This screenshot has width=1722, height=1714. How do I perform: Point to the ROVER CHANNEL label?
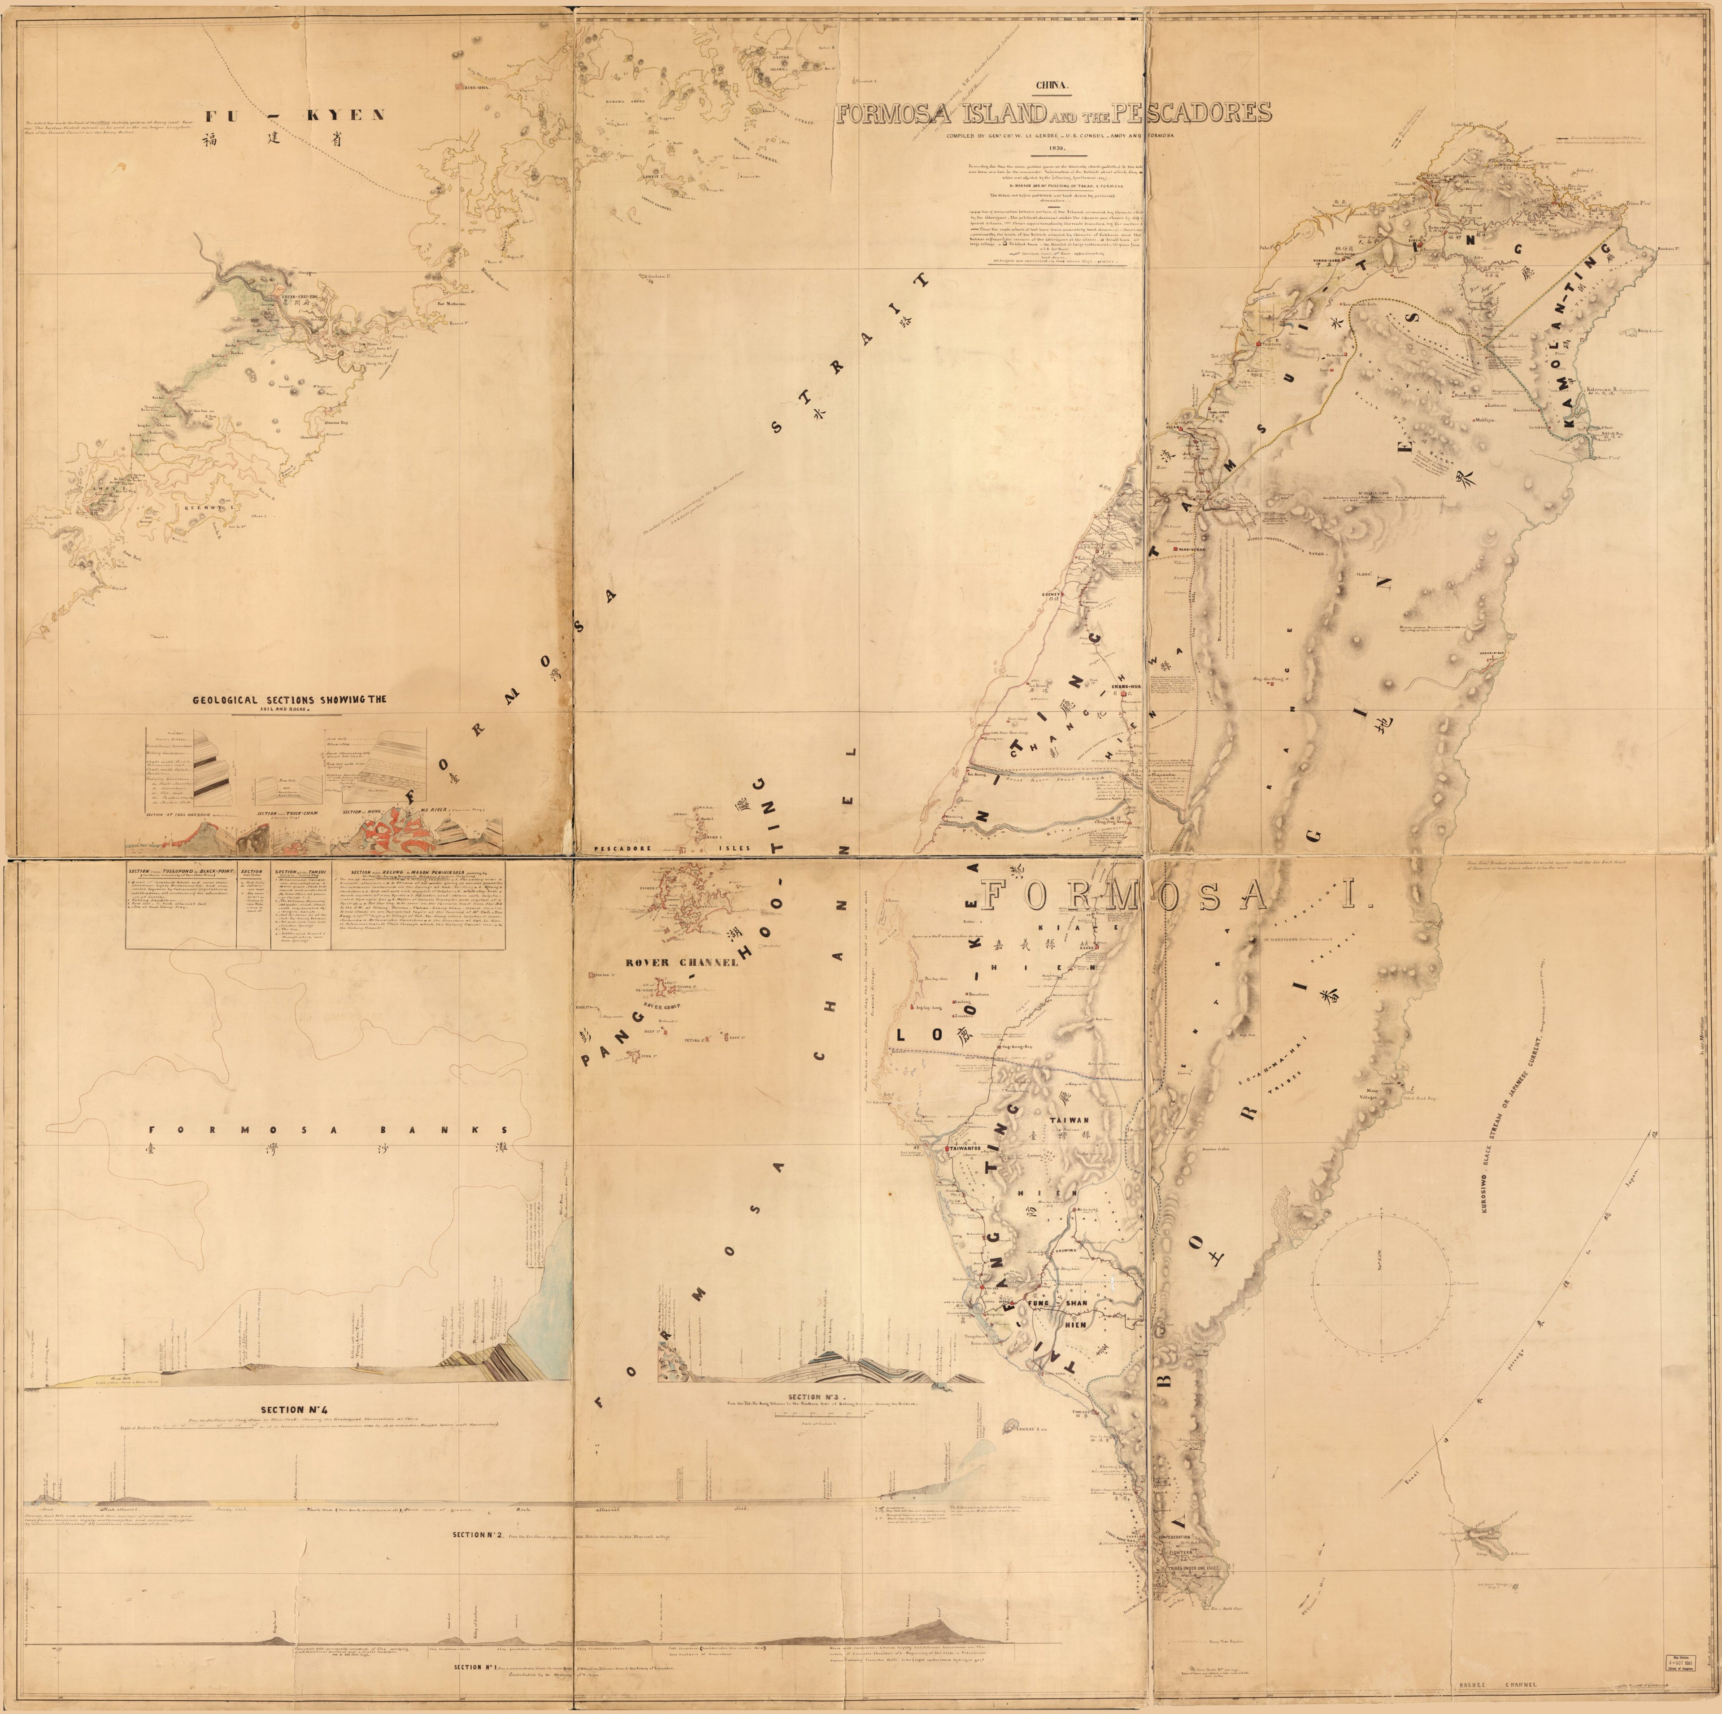tap(670, 963)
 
